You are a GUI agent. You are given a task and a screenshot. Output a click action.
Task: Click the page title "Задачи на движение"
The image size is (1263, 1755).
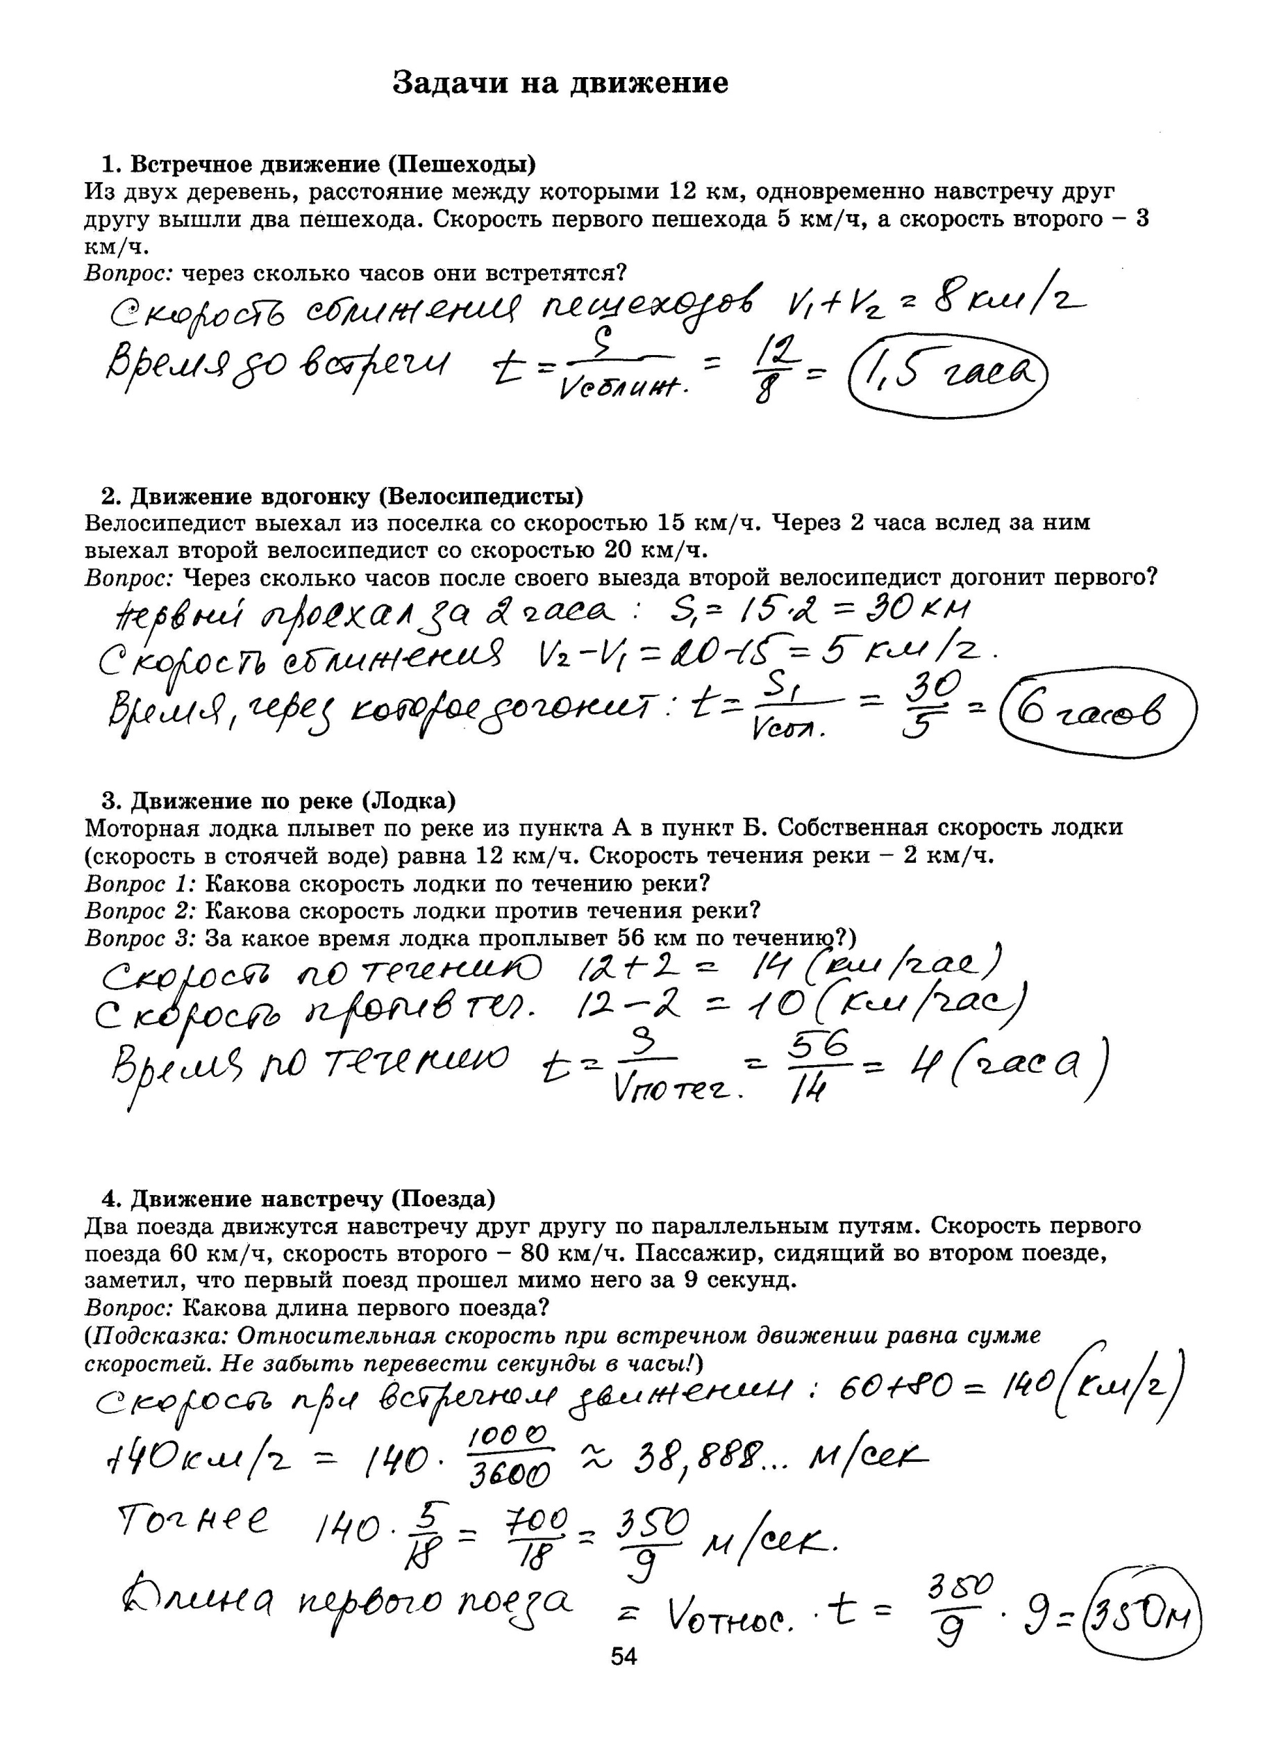click(x=560, y=83)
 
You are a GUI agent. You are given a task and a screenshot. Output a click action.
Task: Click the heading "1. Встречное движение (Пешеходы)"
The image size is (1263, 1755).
click(x=319, y=164)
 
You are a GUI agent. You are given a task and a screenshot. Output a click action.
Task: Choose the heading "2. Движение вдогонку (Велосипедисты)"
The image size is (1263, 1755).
click(x=342, y=495)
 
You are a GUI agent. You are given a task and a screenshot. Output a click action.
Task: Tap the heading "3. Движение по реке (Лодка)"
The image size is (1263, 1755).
click(x=279, y=800)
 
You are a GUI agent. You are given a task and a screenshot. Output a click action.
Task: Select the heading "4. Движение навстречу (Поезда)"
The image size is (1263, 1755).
click(x=299, y=1198)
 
